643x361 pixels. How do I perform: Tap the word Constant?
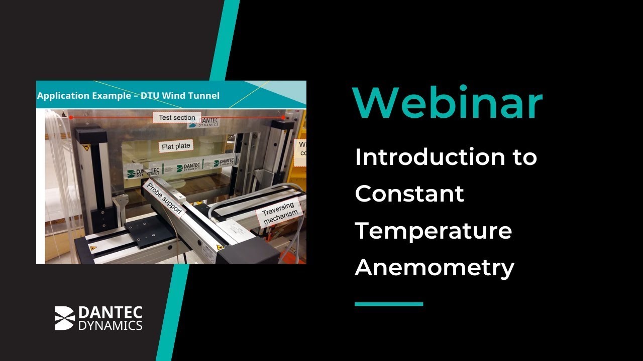coord(409,194)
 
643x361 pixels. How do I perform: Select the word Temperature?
coord(433,230)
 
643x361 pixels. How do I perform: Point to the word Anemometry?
coord(434,267)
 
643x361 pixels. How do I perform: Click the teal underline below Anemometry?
coord(388,304)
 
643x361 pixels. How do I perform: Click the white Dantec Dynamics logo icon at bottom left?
coord(65,318)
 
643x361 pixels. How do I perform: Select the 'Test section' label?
coord(177,118)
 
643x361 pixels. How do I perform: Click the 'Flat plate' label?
coord(176,147)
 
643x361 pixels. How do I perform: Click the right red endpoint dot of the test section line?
coord(284,118)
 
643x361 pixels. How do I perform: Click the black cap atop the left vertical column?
coord(90,134)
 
